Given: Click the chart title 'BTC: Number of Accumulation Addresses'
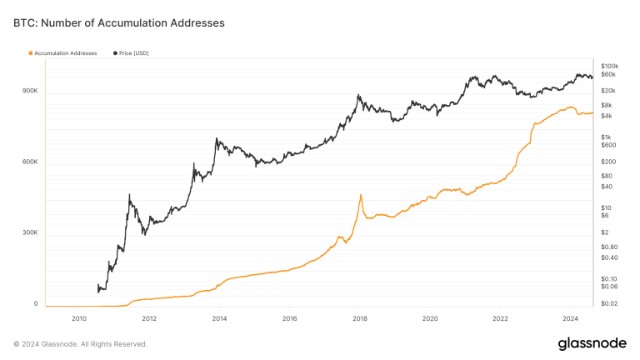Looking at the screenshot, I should pyautogui.click(x=118, y=23).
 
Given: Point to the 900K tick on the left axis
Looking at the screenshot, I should pyautogui.click(x=30, y=90).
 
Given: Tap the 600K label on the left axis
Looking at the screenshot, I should pyautogui.click(x=30, y=162).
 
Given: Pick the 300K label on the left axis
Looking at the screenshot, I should pyautogui.click(x=30, y=232).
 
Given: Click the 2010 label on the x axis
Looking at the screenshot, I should pyautogui.click(x=79, y=318).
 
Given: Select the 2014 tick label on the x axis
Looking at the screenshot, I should pyautogui.click(x=219, y=318).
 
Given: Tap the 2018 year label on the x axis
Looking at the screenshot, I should pyautogui.click(x=360, y=318).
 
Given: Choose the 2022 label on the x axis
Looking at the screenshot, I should pyautogui.click(x=500, y=318).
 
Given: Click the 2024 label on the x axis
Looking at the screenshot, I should pyautogui.click(x=571, y=318).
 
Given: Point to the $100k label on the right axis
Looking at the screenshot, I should pyautogui.click(x=609, y=66).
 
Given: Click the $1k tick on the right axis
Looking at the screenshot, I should pyautogui.click(x=607, y=137).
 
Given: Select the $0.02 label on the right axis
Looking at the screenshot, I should pyautogui.click(x=608, y=304).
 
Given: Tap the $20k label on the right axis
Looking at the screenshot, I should pyautogui.click(x=607, y=90).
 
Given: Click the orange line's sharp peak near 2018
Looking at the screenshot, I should pyautogui.click(x=361, y=195).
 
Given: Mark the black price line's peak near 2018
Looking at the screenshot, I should pyautogui.click(x=358, y=95).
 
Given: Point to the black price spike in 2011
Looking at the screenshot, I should pyautogui.click(x=129, y=195).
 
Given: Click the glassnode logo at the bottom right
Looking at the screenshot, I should pyautogui.click(x=592, y=343).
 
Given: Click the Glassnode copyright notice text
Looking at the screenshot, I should pyautogui.click(x=81, y=343).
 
